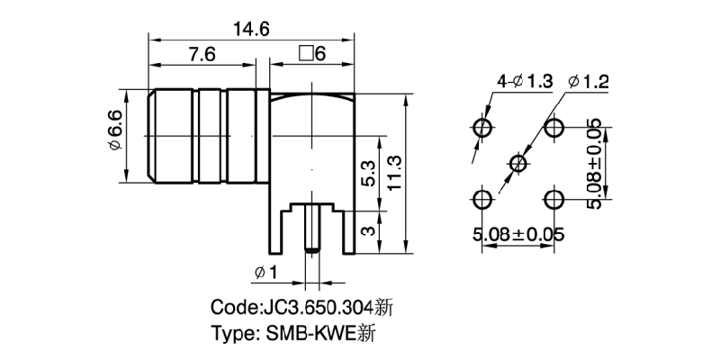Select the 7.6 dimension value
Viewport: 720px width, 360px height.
tap(202, 55)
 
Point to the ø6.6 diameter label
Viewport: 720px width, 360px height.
tap(115, 135)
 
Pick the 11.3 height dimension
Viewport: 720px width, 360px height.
tap(393, 171)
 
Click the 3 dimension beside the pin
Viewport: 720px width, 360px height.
tap(367, 232)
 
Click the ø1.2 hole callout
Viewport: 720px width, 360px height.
tap(589, 82)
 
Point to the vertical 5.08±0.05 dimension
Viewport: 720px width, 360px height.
tap(595, 163)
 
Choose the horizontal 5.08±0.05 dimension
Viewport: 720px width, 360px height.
tap(518, 236)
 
